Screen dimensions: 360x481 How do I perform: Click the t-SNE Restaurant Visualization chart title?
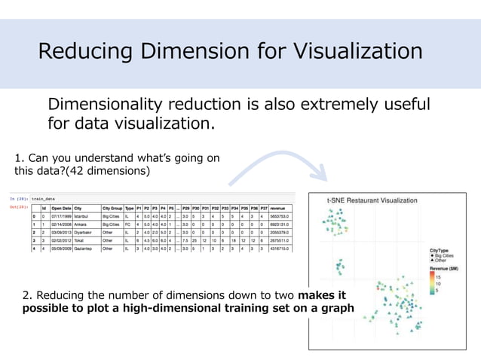(x=372, y=200)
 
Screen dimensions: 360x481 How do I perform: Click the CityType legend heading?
(x=440, y=249)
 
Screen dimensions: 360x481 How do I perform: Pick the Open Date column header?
(x=61, y=208)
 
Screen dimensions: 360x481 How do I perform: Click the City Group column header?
(x=112, y=208)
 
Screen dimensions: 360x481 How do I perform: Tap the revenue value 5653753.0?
(x=283, y=216)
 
